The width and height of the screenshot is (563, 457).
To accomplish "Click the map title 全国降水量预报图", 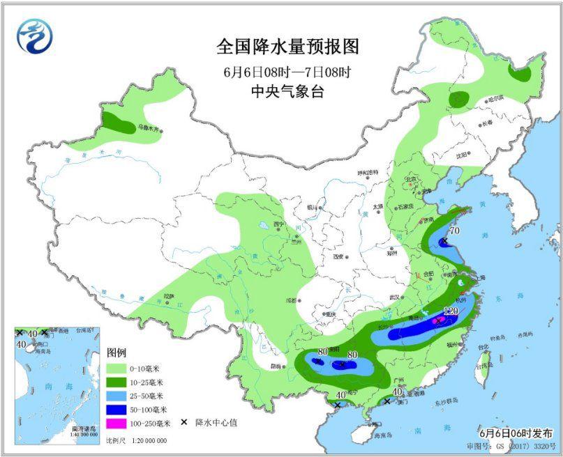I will click(287, 47).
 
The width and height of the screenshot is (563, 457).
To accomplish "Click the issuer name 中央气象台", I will click(287, 91).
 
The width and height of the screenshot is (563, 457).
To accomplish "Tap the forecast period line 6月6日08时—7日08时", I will click(287, 71).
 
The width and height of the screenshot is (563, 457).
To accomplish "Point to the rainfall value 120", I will click(450, 311).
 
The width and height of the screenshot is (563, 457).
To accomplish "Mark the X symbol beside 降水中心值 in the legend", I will click(183, 422).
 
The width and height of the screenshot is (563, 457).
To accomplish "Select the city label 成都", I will click(287, 301).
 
